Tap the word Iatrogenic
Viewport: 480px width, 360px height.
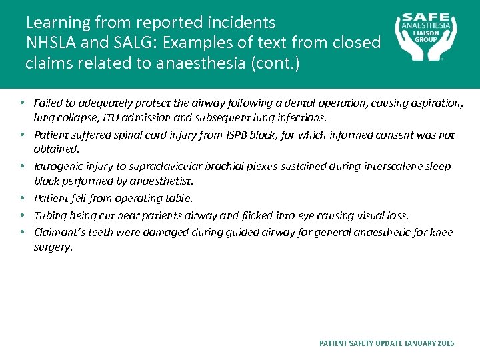click(x=57, y=166)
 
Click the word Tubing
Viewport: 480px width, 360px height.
click(x=49, y=215)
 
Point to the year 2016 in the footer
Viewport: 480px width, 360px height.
click(x=446, y=343)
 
